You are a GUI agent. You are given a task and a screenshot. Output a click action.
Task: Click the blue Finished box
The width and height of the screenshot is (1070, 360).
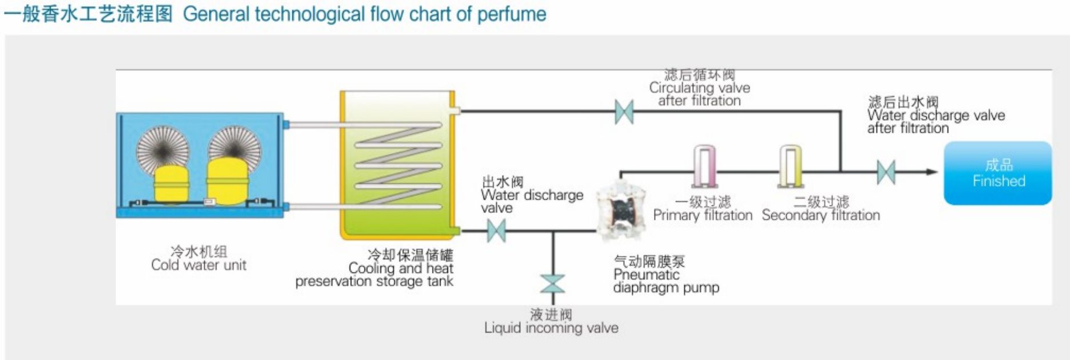(997, 173)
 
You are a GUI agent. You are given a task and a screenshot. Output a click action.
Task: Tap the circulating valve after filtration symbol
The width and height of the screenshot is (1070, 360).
(624, 112)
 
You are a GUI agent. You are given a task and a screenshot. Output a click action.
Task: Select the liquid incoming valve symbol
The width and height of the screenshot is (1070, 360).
(552, 284)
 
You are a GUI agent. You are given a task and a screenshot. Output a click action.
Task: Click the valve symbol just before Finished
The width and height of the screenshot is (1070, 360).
(886, 172)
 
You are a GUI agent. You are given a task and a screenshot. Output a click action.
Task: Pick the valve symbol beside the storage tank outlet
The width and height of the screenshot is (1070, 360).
(496, 231)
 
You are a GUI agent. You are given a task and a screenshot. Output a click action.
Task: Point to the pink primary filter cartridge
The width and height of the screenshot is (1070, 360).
(704, 166)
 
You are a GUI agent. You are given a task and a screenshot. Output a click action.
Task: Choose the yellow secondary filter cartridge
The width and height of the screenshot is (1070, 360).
(790, 166)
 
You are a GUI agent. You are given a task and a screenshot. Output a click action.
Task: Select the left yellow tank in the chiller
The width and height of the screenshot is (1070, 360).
(170, 184)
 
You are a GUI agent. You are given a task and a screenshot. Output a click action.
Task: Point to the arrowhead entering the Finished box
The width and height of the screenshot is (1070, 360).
(932, 172)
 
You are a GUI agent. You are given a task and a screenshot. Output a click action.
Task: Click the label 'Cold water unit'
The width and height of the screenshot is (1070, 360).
(199, 265)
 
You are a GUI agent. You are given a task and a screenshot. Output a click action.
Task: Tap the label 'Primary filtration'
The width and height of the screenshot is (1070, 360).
(703, 215)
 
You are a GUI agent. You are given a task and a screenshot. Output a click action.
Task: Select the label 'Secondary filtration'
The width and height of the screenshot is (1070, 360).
(821, 215)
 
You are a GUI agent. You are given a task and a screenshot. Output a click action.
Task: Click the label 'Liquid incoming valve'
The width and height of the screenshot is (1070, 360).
(551, 328)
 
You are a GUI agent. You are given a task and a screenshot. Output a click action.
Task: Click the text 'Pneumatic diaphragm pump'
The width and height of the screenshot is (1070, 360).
(666, 281)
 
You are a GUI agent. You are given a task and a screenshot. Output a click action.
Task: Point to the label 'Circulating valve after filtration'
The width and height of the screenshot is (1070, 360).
(699, 94)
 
